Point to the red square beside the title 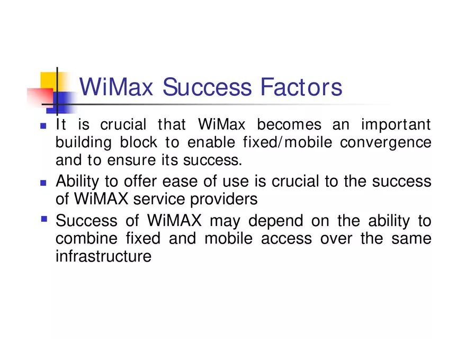(40, 97)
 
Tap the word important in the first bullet (396, 125)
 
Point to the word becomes (289, 125)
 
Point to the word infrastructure (103, 256)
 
